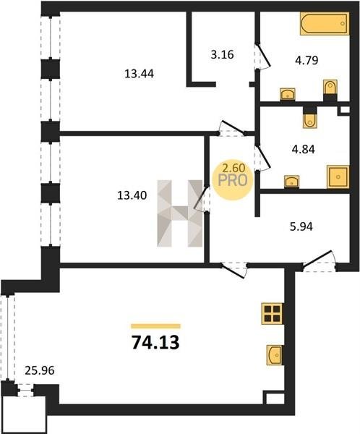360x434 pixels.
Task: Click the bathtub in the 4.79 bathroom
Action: pyautogui.click(x=325, y=24)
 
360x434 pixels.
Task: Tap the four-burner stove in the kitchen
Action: pyautogui.click(x=273, y=314)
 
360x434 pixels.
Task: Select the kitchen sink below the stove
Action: pyautogui.click(x=275, y=355)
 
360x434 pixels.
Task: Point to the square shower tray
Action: pyautogui.click(x=338, y=177)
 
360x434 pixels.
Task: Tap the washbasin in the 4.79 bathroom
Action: pyautogui.click(x=288, y=94)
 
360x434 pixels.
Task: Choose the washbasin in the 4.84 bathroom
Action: pyautogui.click(x=291, y=182)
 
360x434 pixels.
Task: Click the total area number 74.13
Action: pyautogui.click(x=155, y=342)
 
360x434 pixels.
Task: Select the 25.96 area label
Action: pyautogui.click(x=40, y=370)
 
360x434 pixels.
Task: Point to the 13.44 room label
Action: pyautogui.click(x=139, y=74)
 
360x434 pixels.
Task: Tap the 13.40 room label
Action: pyautogui.click(x=132, y=196)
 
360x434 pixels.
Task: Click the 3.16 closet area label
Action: pyautogui.click(x=222, y=54)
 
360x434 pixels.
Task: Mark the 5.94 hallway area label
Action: pyautogui.click(x=301, y=226)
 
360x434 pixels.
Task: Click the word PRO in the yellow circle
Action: pyautogui.click(x=233, y=180)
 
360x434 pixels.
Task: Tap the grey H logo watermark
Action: pyautogui.click(x=180, y=213)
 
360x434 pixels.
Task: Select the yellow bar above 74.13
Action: pyautogui.click(x=155, y=326)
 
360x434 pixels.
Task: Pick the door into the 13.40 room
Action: pyautogui.click(x=202, y=198)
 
